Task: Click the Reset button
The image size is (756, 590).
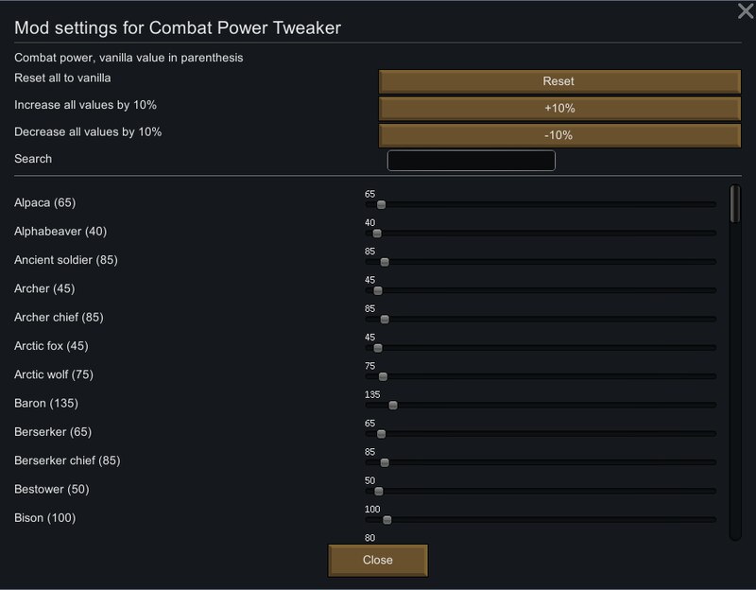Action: coord(559,81)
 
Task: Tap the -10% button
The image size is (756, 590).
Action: coord(559,135)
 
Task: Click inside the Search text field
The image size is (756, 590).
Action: coord(471,161)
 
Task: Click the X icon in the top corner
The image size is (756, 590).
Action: coord(746,10)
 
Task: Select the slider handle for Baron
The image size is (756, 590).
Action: coord(393,406)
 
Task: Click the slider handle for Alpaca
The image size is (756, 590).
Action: coord(382,204)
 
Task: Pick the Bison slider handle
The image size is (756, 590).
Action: coord(387,520)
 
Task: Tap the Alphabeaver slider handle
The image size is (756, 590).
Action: coord(377,234)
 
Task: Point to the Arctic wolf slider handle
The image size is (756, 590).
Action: coord(383,376)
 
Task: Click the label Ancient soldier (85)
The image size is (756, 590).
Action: coord(66,260)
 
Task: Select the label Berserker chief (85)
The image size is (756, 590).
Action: coord(67,460)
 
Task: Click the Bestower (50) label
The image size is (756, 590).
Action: coord(52,489)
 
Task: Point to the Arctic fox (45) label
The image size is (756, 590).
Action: coord(51,346)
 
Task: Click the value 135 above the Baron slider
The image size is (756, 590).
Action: coord(372,394)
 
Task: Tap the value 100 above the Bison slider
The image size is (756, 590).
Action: coord(372,509)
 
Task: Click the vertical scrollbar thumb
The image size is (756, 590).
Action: coord(735,204)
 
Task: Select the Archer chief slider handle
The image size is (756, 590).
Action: coord(385,320)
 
